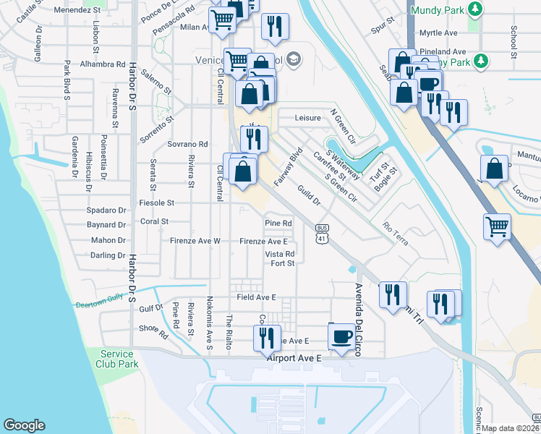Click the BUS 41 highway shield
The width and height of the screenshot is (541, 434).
322,232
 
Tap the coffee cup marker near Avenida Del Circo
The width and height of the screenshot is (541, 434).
342,336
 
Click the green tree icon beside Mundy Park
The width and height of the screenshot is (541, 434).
475,9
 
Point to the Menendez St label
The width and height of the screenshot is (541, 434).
75,11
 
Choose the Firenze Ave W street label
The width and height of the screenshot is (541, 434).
195,241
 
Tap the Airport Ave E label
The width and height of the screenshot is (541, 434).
293,358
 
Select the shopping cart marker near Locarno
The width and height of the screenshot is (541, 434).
498,226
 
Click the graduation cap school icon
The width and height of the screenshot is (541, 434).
293,59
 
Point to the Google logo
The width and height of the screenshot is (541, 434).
24,425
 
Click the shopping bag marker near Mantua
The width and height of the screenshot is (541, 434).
493,170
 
